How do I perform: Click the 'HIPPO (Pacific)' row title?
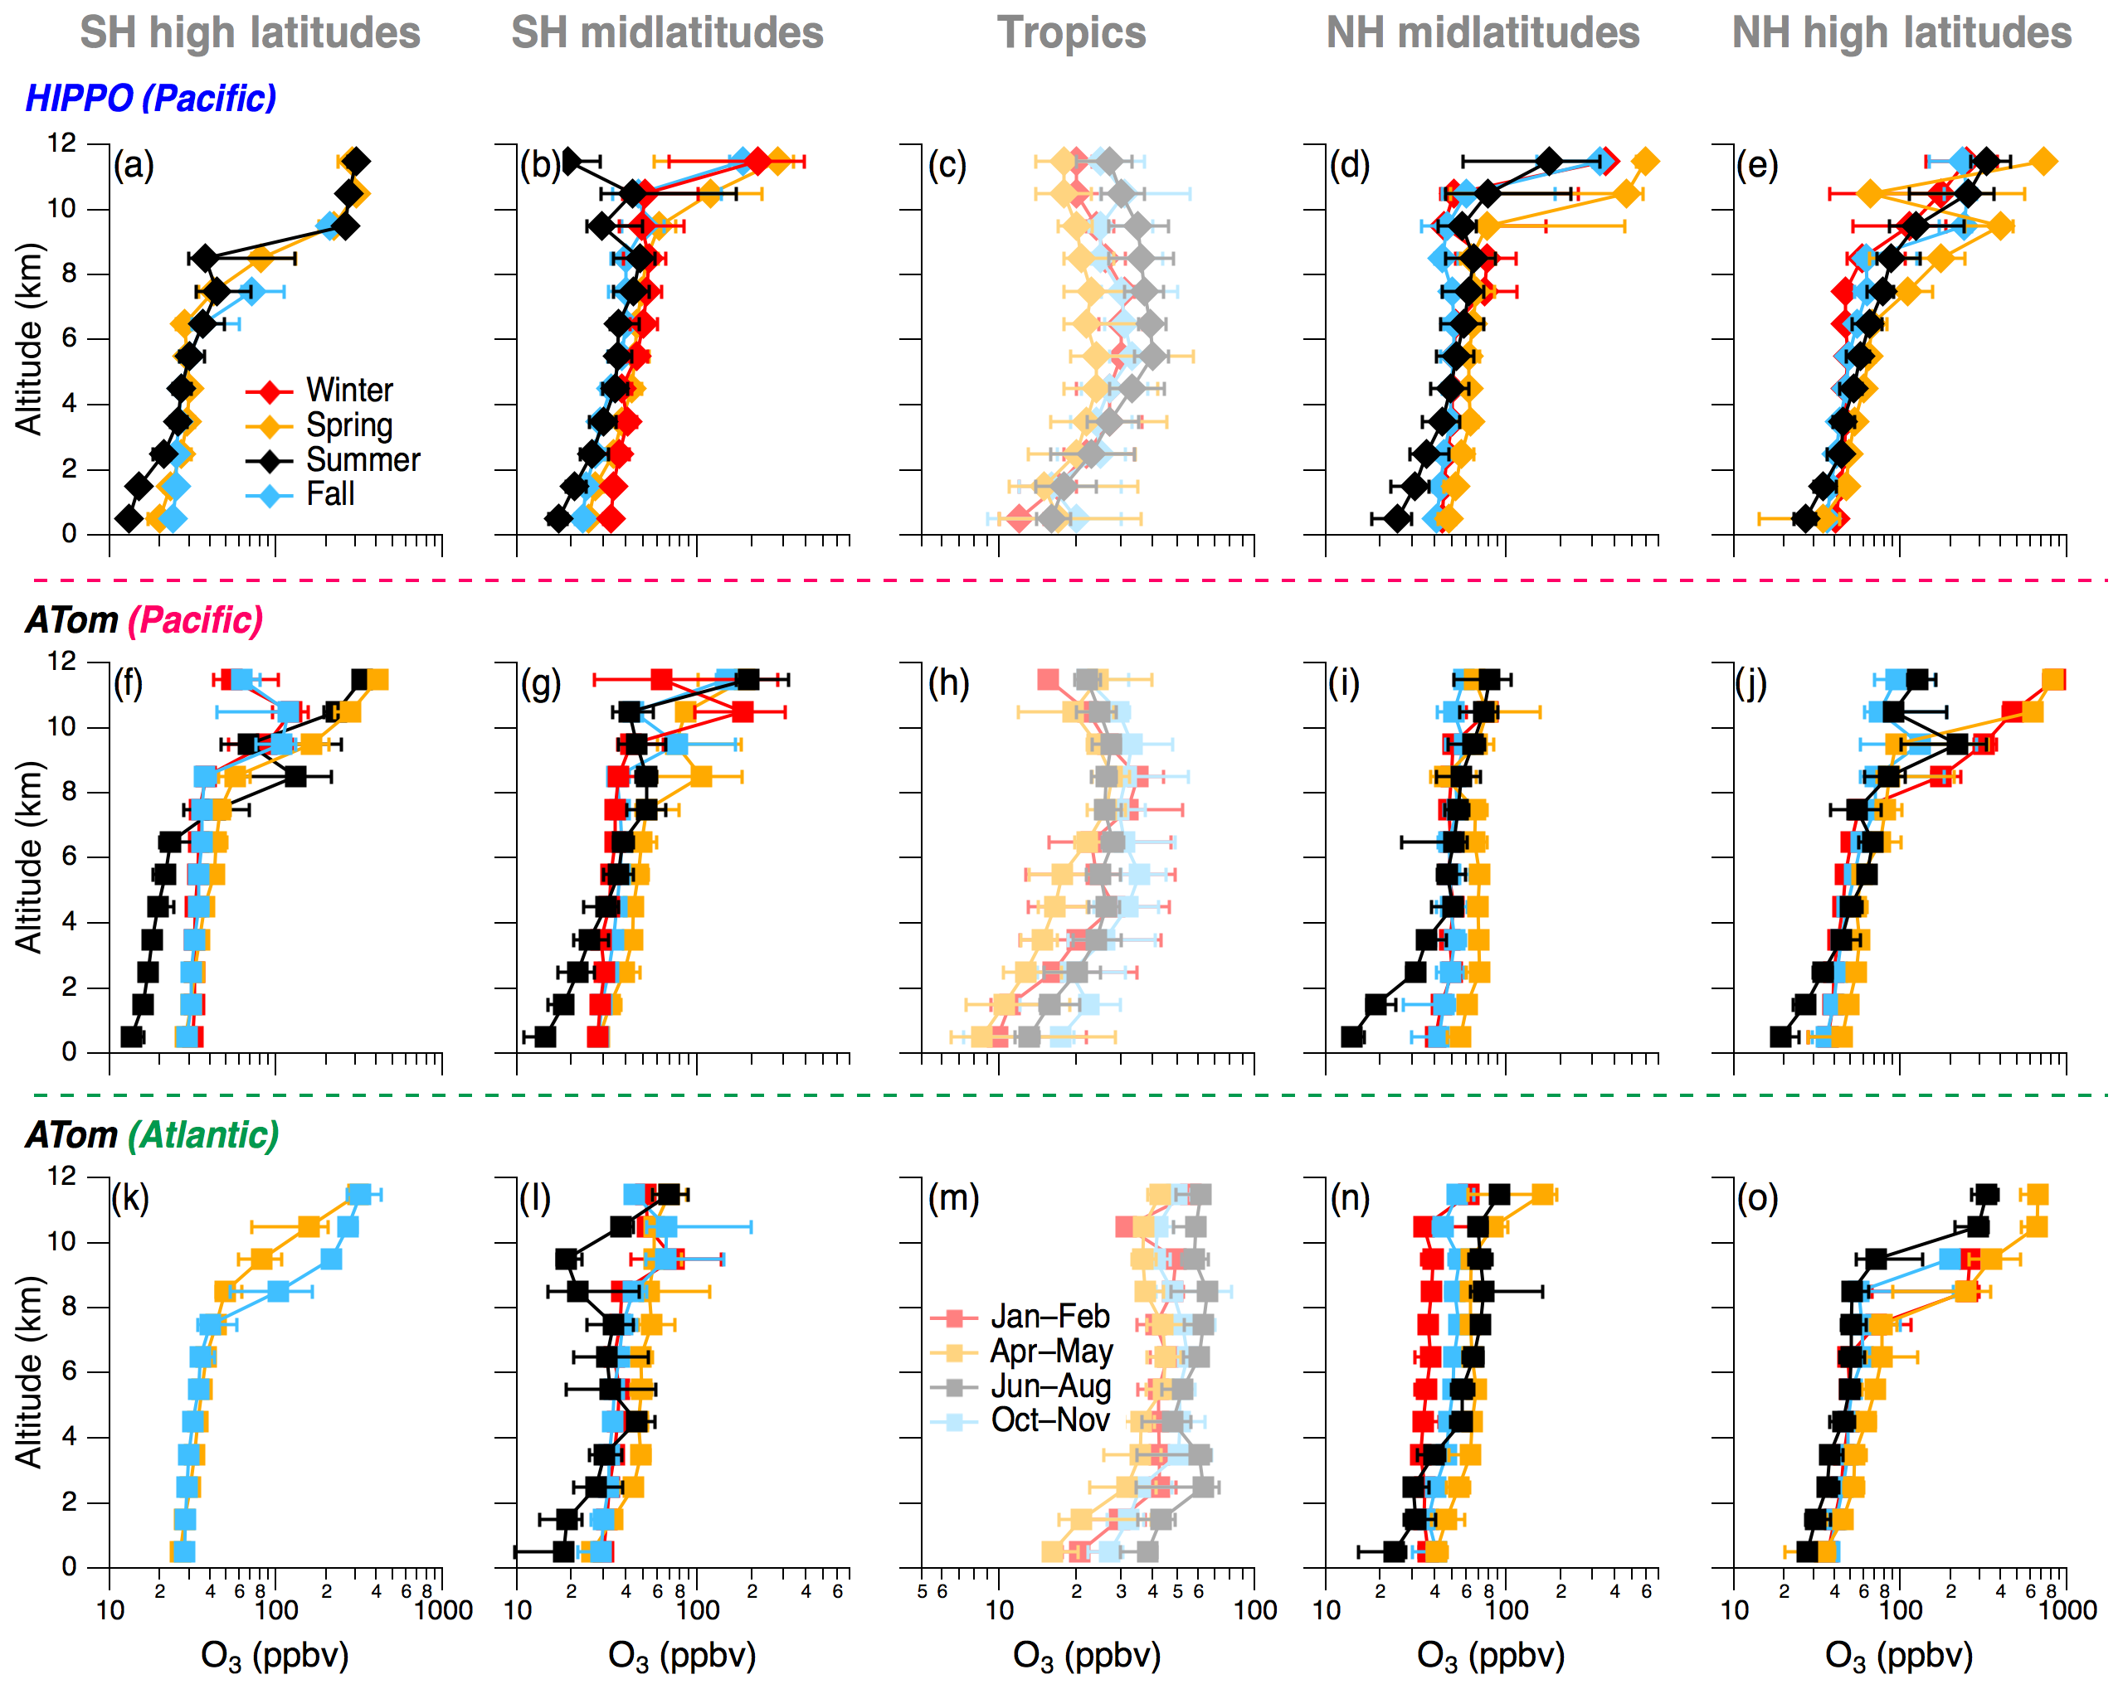(151, 99)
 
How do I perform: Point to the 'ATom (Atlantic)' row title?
(153, 1135)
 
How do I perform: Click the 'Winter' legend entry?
(348, 390)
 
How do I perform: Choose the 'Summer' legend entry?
(363, 459)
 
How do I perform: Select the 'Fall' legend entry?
(330, 494)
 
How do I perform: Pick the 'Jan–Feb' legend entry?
(1049, 1316)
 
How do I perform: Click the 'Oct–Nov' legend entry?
(1049, 1420)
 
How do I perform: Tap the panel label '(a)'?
(134, 165)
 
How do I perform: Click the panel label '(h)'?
(948, 682)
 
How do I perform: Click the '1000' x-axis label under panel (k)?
(443, 1611)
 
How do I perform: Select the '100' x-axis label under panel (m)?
(1255, 1611)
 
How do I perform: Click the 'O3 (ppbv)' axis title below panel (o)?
(1898, 1657)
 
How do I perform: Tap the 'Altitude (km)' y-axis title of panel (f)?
(30, 857)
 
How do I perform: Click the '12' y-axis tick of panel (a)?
(61, 143)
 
